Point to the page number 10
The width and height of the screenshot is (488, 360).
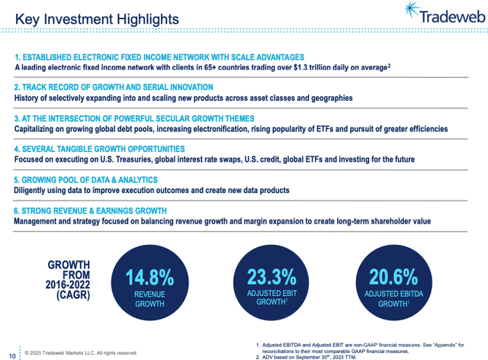point(11,353)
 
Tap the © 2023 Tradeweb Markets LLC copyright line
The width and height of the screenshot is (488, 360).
point(81,353)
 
